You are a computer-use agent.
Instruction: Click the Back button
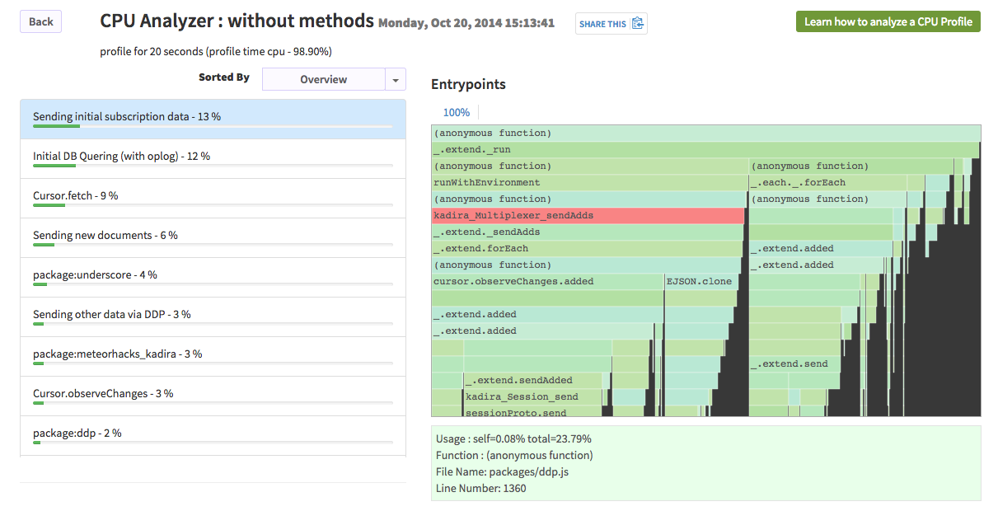[x=40, y=22]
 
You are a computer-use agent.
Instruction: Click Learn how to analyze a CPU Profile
[x=888, y=21]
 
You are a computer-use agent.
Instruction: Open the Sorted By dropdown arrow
[x=396, y=79]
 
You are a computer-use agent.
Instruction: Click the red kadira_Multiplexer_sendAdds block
[x=588, y=215]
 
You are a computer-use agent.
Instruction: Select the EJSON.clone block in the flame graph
[x=699, y=281]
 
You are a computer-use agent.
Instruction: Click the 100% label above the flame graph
[x=456, y=112]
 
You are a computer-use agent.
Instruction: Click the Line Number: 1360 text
[x=480, y=488]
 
